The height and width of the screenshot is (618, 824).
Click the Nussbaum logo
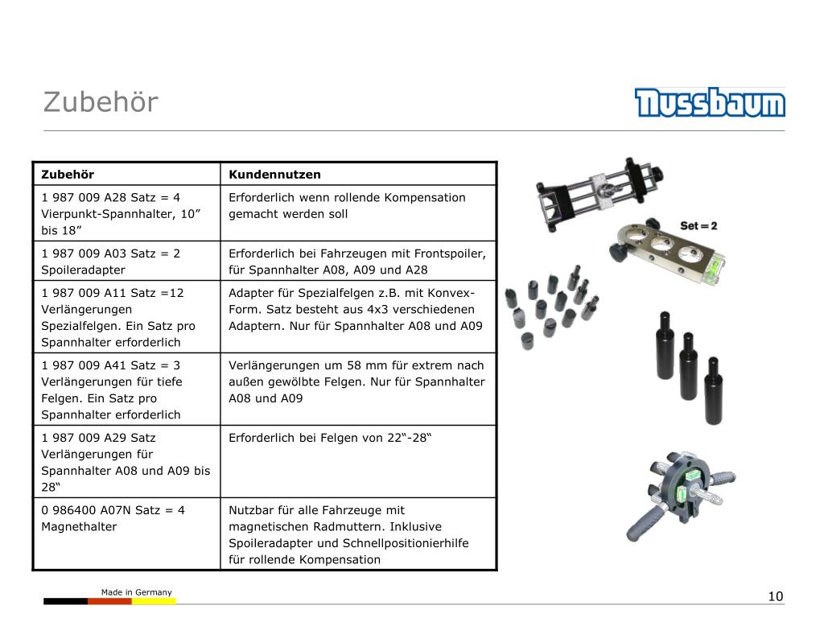coord(710,102)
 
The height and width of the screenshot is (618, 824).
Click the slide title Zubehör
coord(101,102)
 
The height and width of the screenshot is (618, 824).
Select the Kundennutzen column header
coord(274,175)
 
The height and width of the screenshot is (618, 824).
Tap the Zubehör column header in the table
coord(68,175)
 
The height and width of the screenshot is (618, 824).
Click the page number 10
coord(775,596)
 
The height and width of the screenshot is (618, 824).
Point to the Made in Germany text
coord(137,592)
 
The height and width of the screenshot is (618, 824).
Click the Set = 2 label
coord(698,225)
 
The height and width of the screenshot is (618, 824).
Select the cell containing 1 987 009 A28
coord(126,213)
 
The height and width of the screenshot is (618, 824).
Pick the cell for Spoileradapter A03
coord(126,262)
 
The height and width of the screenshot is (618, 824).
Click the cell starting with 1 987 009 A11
coord(126,317)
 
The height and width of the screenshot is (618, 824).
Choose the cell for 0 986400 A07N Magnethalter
coord(126,534)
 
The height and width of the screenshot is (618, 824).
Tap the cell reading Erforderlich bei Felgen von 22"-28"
coord(358,461)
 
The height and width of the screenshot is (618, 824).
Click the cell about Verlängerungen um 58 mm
coord(358,389)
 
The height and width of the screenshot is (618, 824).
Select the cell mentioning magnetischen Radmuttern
coord(358,534)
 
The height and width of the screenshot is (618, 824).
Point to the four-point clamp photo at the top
coord(599,195)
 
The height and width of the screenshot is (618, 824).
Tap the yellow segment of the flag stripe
coord(154,601)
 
